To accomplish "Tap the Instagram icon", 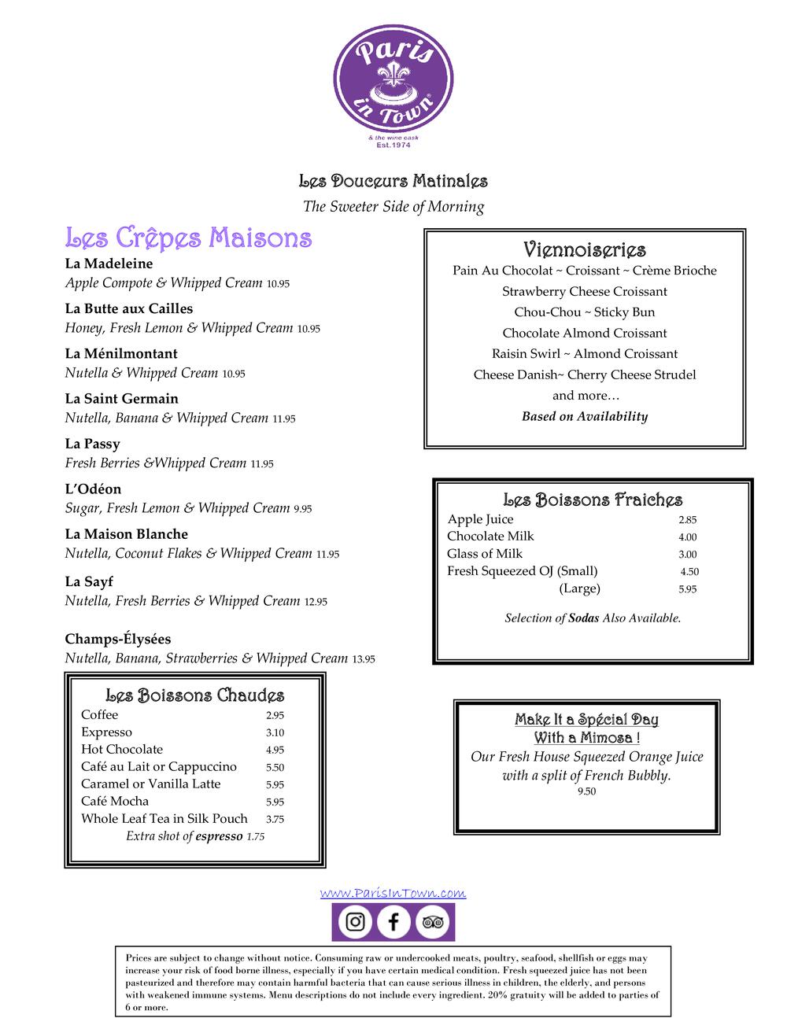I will pos(356,922).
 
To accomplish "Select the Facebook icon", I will pos(393,922).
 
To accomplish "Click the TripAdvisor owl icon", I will pos(432,922).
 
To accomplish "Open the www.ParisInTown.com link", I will pos(393,893).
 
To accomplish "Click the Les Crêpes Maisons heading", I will pos(189,238).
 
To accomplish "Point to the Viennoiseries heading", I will pos(585,250).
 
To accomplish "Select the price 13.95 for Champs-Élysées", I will pos(364,659).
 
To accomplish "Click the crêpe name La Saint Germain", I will pos(122,399).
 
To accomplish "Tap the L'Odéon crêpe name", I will pos(93,489).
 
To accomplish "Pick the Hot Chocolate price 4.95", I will pos(275,751).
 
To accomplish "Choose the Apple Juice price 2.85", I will pos(687,520).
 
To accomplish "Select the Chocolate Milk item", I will pos(490,537).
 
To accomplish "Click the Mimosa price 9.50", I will pos(586,792).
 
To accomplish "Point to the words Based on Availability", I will pos(585,417).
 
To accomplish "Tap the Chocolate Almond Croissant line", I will pos(585,334).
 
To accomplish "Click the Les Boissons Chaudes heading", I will pos(195,695).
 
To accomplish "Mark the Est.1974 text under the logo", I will pos(394,145).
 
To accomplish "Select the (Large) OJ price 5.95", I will pos(687,589).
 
